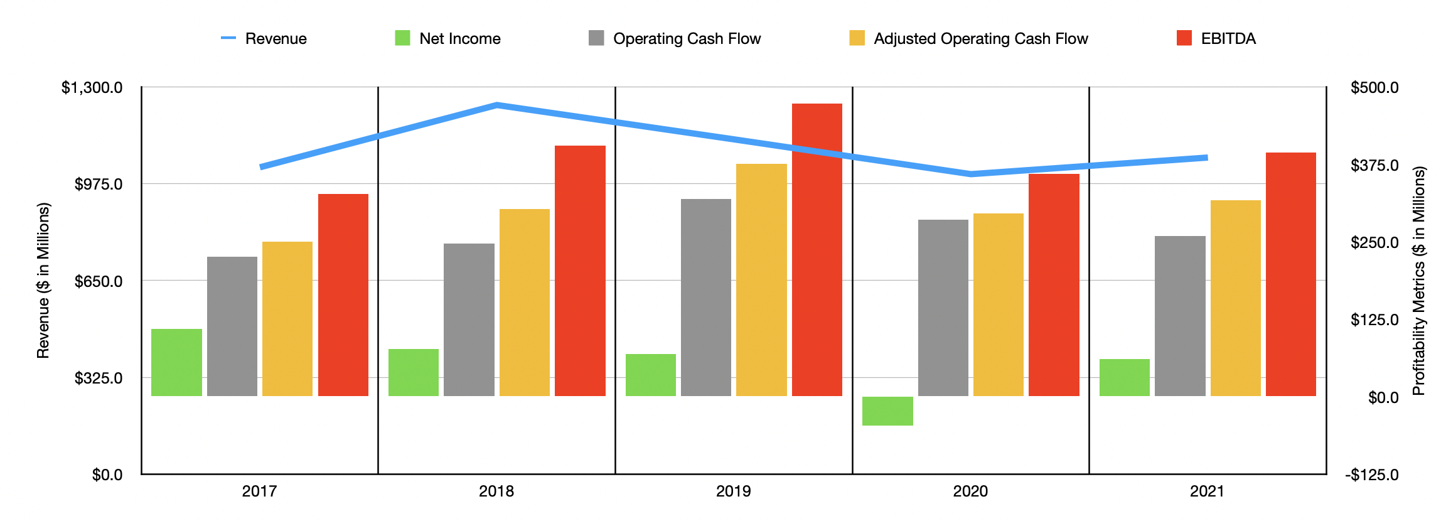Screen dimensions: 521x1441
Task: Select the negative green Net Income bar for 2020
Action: click(x=887, y=411)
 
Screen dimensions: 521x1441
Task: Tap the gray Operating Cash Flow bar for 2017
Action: click(x=232, y=326)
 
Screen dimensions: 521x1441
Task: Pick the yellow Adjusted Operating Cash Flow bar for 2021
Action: click(x=1235, y=298)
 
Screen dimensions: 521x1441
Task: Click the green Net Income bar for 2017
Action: click(x=176, y=362)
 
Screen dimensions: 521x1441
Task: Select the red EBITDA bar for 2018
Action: click(x=580, y=271)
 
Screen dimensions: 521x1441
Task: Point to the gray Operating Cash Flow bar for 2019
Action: click(x=706, y=298)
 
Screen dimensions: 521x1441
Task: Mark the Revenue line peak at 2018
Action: click(x=496, y=105)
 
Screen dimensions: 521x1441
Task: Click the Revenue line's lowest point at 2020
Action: click(x=971, y=174)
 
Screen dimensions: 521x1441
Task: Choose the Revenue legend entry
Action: click(x=264, y=39)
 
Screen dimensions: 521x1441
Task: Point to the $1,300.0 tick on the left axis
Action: click(x=92, y=87)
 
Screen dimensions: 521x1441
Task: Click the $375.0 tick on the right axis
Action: click(x=1374, y=165)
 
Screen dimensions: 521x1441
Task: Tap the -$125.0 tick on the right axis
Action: click(x=1372, y=475)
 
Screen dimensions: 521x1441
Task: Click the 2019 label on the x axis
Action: click(x=733, y=491)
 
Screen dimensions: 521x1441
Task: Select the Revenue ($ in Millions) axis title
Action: click(x=43, y=281)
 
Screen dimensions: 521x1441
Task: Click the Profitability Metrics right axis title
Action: click(x=1418, y=281)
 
